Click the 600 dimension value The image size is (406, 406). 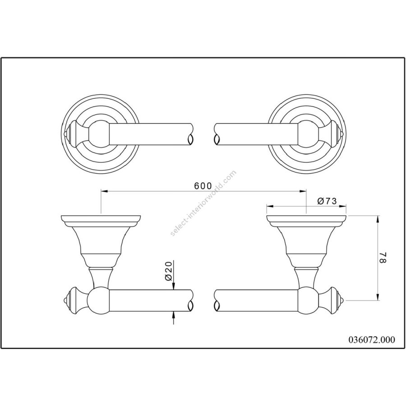coord(203,185)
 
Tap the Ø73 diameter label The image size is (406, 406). coord(327,201)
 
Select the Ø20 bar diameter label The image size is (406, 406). coord(168,271)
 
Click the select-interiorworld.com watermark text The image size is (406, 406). coord(203,203)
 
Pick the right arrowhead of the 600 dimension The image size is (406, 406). coord(303,191)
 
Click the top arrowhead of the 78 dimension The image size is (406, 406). coord(378,219)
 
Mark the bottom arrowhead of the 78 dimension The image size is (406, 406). coord(378,297)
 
